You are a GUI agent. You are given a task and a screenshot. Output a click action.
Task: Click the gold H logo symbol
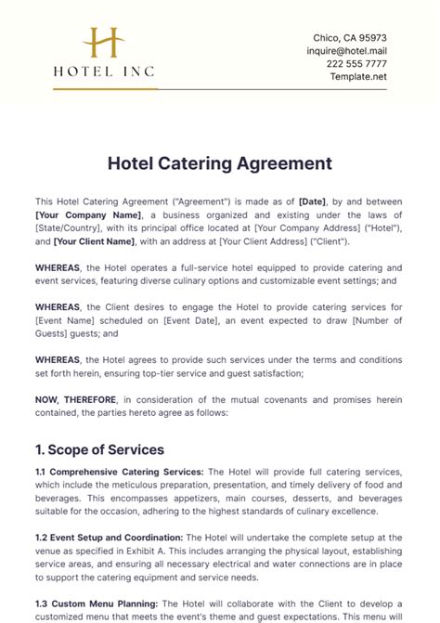[103, 44]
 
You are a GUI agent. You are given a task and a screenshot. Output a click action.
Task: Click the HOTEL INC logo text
[103, 71]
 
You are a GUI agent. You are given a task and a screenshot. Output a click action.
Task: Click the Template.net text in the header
[358, 76]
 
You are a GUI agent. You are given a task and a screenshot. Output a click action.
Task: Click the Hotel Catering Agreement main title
[220, 163]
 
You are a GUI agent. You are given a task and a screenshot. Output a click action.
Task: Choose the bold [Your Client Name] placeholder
[94, 241]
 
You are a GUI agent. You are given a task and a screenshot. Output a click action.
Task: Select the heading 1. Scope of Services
[100, 449]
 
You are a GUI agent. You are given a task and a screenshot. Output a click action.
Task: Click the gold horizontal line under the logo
[103, 89]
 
